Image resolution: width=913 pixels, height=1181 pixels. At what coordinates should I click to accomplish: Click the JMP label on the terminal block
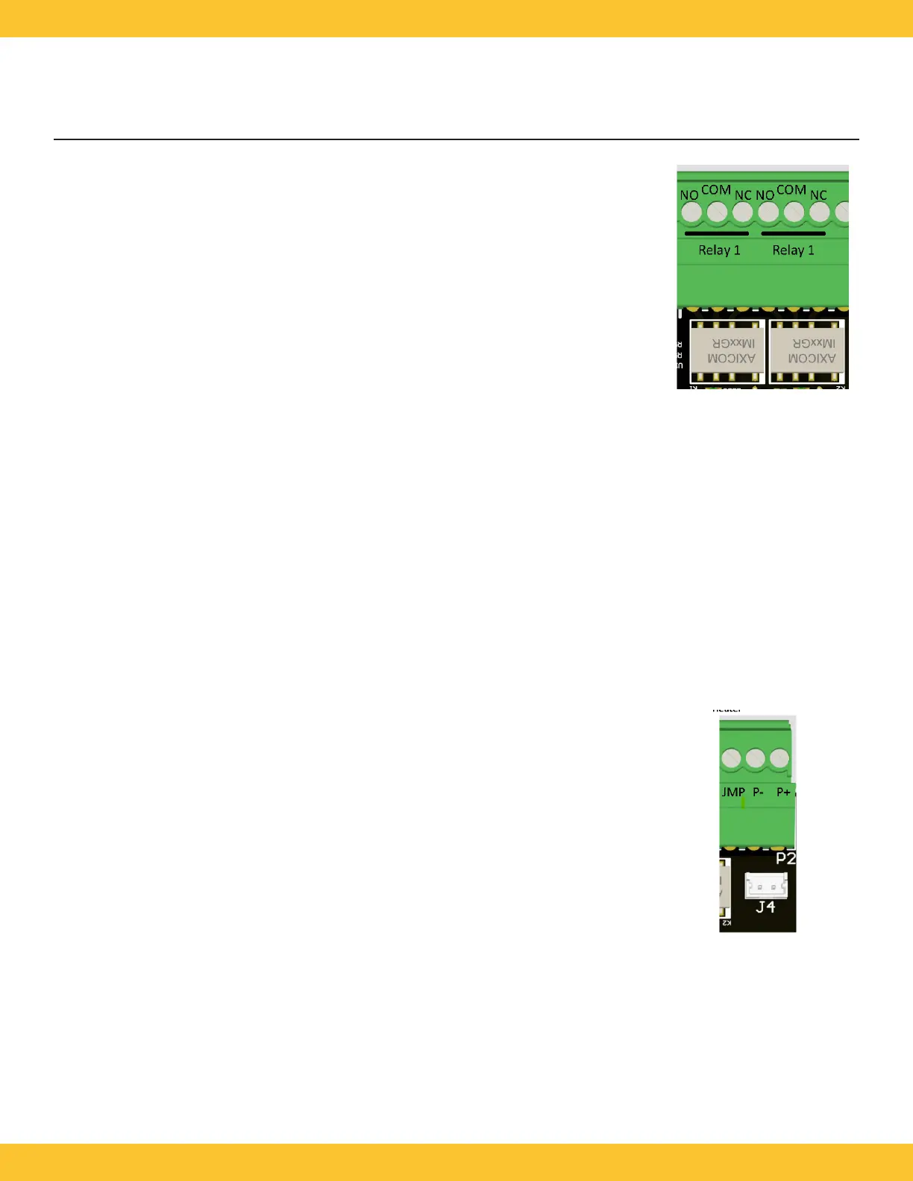point(732,792)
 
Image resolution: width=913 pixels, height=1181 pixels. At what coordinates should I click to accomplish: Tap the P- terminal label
point(758,792)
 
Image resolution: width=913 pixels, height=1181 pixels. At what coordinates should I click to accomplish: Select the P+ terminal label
point(783,792)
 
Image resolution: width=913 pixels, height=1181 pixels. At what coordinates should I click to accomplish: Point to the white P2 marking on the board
point(785,858)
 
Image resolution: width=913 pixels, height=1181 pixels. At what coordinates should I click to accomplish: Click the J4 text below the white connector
point(765,907)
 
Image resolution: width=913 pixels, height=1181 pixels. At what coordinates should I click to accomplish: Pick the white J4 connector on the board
point(765,886)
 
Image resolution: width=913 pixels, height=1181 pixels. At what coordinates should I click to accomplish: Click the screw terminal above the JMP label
point(731,759)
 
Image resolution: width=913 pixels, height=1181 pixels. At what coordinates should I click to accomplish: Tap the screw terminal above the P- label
point(756,759)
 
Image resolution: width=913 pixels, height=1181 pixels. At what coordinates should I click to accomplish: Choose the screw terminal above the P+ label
point(779,759)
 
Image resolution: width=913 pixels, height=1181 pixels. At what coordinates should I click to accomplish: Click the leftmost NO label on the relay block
point(688,195)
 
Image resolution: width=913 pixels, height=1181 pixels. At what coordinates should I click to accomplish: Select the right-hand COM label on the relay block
point(791,190)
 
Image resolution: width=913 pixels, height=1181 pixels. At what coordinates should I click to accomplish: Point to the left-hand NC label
point(743,195)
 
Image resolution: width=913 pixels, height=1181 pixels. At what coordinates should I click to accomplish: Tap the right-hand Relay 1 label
point(793,251)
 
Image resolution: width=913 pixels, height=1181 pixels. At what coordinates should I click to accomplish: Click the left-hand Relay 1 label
point(719,251)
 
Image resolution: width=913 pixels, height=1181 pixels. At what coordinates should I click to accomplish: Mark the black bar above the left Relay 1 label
point(716,233)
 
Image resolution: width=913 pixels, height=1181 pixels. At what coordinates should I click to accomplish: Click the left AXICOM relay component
point(727,351)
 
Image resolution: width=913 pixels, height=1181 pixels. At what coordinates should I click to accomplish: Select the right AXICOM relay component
point(807,351)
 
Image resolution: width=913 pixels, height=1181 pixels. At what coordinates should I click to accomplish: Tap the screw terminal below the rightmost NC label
point(819,212)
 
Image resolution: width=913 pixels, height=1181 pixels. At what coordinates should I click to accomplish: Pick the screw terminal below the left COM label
point(717,212)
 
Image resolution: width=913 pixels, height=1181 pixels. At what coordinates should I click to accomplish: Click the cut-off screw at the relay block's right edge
point(843,212)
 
